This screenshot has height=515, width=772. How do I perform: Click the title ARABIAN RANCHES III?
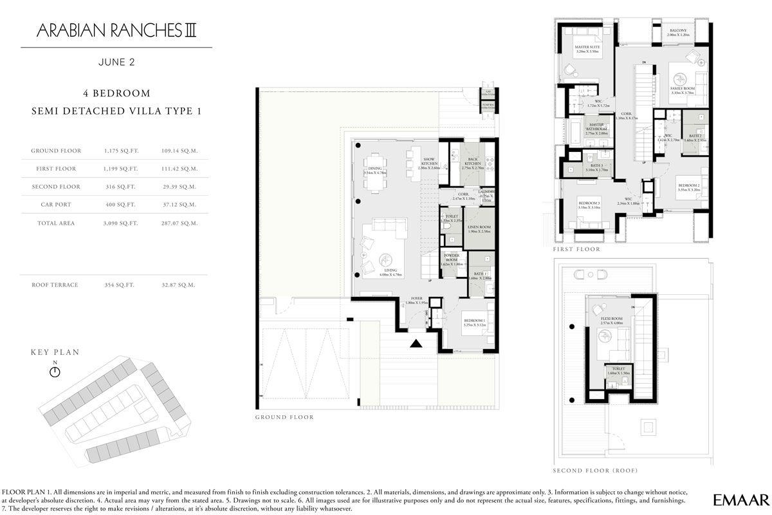pos(116,30)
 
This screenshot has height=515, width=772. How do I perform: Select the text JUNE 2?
pos(116,63)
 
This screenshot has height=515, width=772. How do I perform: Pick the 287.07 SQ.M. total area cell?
pos(179,223)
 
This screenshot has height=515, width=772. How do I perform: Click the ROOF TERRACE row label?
pos(55,285)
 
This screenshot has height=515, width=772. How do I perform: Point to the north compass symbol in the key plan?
pos(55,372)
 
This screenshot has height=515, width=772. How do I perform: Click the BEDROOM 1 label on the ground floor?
pos(475,322)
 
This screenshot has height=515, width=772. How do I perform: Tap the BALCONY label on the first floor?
pos(678,30)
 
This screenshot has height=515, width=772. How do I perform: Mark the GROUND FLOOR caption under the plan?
pos(284,417)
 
